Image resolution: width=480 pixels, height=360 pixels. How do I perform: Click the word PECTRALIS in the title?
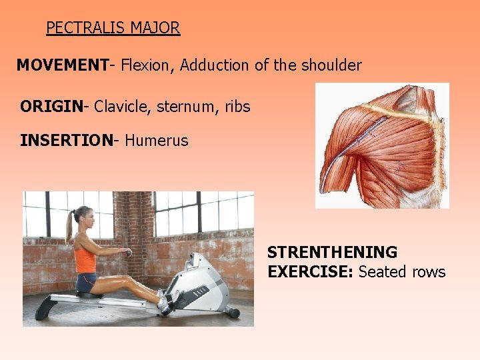click(x=86, y=28)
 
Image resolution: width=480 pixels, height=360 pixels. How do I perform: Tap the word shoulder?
click(x=328, y=65)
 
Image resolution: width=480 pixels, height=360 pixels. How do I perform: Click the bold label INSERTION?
click(x=65, y=141)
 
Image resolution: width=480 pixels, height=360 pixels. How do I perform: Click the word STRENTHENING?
click(x=332, y=253)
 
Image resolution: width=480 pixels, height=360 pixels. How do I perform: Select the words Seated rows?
click(x=402, y=272)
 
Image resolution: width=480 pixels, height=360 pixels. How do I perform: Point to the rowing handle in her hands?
click(x=129, y=253)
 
